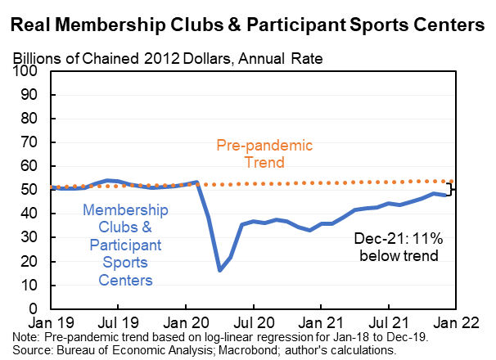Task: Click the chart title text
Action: pyautogui.click(x=247, y=25)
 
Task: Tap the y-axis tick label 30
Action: pyautogui.click(x=31, y=238)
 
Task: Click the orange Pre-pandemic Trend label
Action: pyautogui.click(x=265, y=154)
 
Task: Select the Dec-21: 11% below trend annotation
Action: pyautogui.click(x=398, y=247)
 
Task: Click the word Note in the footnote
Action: pyautogui.click(x=26, y=339)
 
